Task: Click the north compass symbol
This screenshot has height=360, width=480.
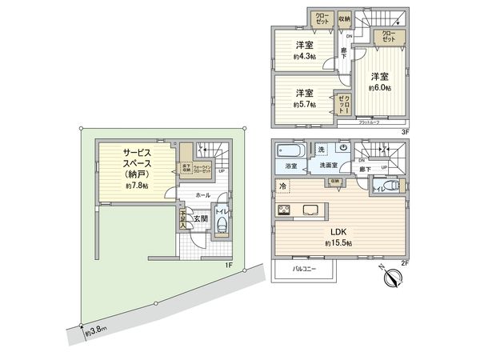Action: coord(392,278)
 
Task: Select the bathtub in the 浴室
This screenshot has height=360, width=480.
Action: coord(290,150)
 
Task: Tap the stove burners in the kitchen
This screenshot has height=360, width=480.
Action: coord(284,210)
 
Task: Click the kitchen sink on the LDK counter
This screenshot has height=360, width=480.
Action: coord(311,211)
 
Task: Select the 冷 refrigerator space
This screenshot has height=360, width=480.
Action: coord(283,186)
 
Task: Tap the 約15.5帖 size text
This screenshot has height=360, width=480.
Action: coord(339,242)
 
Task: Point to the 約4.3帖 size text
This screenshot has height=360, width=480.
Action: coord(302,57)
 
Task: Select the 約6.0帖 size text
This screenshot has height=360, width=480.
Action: coord(379,88)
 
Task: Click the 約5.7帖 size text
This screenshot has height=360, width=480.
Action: coord(303,104)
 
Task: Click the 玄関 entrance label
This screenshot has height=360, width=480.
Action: coord(200,218)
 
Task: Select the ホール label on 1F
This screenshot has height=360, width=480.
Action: coord(202,194)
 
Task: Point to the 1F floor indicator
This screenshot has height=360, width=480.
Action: coord(228,263)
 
